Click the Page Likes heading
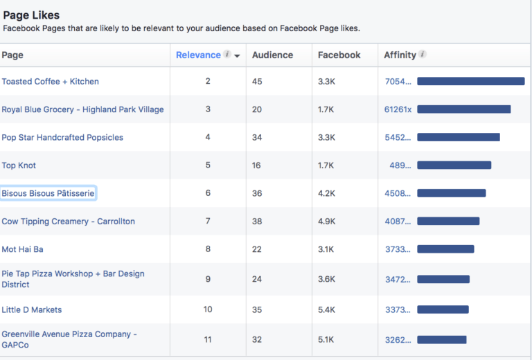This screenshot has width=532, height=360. tap(31, 15)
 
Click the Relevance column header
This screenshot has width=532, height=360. tap(198, 55)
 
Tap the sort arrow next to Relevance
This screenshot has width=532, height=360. tap(238, 56)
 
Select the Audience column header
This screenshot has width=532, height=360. tap(272, 55)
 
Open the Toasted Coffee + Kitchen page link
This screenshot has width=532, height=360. tap(50, 82)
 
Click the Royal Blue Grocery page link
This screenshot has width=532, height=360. tap(82, 109)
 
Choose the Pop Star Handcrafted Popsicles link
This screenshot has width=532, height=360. tap(62, 138)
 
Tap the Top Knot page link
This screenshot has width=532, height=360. tap(19, 165)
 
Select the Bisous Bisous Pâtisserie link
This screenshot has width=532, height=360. tap(48, 194)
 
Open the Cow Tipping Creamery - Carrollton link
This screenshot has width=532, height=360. tap(68, 222)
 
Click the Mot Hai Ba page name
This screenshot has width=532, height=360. tap(22, 249)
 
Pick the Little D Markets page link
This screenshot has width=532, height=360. tap(32, 310)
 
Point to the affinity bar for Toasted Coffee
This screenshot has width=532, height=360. tap(470, 82)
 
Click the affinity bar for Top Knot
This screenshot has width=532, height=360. tap(454, 165)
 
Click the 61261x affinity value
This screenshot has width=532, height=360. tap(398, 109)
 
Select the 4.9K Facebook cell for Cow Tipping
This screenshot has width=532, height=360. tap(327, 222)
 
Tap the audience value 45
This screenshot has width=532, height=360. tap(257, 82)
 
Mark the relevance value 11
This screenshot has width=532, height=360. tap(208, 340)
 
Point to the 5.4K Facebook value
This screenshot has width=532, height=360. tap(327, 310)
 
